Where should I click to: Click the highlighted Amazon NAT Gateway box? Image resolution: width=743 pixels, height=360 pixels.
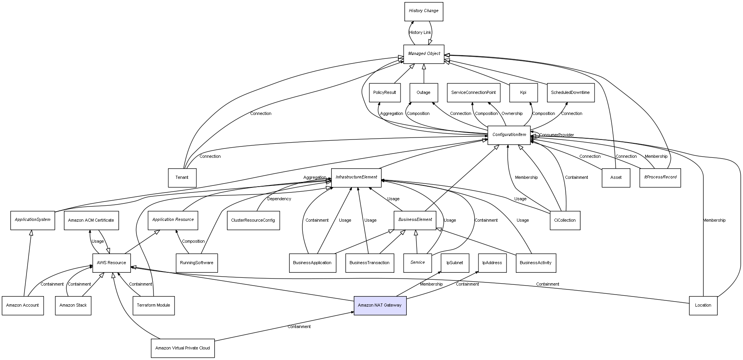pos(380,305)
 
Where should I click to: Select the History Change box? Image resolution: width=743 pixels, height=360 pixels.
pos(424,11)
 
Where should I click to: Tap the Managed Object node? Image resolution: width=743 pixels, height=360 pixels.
pos(424,54)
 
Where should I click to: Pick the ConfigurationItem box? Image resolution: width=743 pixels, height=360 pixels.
pos(509,135)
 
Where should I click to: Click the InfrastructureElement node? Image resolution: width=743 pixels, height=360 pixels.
pos(356,177)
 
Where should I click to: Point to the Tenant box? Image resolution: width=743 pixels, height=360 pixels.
pos(182,178)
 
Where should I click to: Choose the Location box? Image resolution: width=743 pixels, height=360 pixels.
pos(703,305)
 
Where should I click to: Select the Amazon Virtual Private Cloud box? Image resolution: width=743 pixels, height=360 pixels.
pos(183,348)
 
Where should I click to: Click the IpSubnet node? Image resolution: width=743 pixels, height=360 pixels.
pos(455,263)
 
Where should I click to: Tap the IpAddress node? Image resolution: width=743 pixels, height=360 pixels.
pos(492,263)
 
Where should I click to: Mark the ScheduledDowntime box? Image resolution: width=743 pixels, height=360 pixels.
pos(570,93)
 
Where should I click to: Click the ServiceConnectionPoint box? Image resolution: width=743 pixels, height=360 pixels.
pos(473,93)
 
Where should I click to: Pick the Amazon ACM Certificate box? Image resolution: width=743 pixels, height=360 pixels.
pos(91,221)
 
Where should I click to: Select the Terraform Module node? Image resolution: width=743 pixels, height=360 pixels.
pos(154,305)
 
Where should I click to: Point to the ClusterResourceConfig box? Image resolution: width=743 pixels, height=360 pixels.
pos(253,221)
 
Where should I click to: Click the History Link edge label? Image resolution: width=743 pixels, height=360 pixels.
pos(420,33)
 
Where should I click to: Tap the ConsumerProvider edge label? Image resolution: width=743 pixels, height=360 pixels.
pos(556,135)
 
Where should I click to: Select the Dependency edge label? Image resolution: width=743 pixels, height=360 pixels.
pos(279,199)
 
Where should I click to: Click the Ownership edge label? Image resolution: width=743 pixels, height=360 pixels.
pos(512,114)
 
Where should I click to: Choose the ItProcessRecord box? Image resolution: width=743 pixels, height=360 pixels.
pos(660,178)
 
